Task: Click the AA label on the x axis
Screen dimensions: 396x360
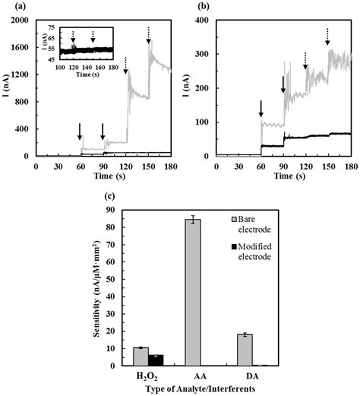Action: point(198,375)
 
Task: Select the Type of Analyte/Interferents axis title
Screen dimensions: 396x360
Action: point(200,388)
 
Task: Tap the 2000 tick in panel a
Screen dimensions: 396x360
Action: point(21,19)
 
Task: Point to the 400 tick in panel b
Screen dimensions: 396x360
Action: point(204,19)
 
